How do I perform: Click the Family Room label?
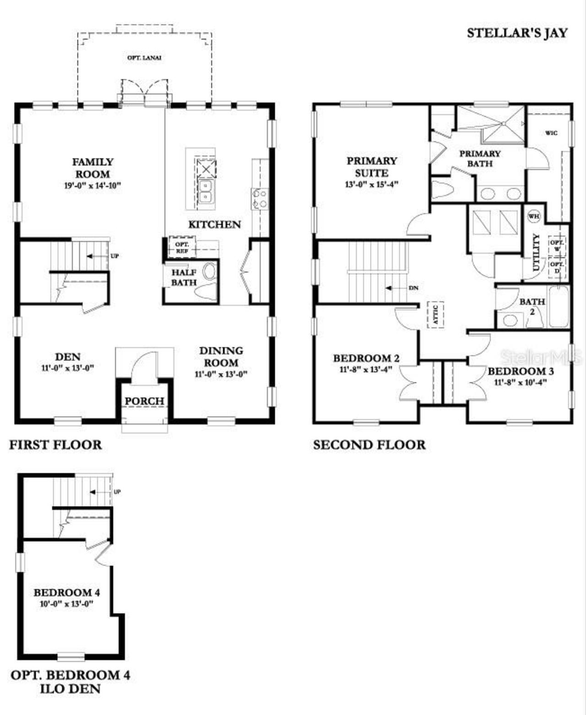coord(92,168)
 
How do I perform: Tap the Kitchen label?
coord(214,224)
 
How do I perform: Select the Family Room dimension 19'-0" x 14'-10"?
coord(92,186)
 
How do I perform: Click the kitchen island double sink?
coord(206,191)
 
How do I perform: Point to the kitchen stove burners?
coord(260,199)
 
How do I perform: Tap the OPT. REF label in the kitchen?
coord(182,248)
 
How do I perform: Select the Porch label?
coord(144,401)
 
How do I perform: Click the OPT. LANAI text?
coord(144,58)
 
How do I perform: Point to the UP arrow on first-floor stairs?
coord(97,256)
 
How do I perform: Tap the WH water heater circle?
coord(534,216)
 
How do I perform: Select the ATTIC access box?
coord(435,315)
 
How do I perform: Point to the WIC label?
coord(551,133)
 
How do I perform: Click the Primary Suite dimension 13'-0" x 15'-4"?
coord(371,185)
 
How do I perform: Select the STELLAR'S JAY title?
coord(517,33)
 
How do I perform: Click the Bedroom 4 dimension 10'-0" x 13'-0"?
coord(66,604)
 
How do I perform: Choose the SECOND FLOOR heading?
coord(369,445)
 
